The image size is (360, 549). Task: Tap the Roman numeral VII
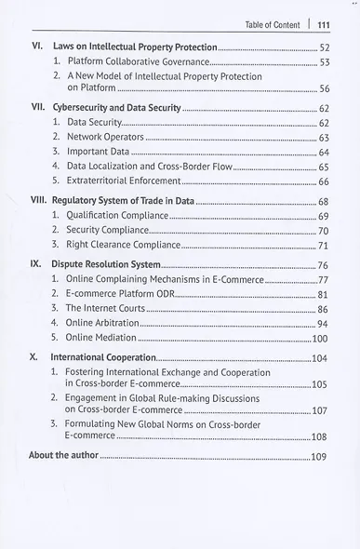point(38,109)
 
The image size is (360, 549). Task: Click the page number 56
point(324,89)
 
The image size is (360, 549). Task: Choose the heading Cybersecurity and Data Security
point(116,109)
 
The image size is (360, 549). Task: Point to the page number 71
point(324,246)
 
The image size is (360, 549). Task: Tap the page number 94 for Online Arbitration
point(322,323)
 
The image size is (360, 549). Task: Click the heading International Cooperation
point(103,357)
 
